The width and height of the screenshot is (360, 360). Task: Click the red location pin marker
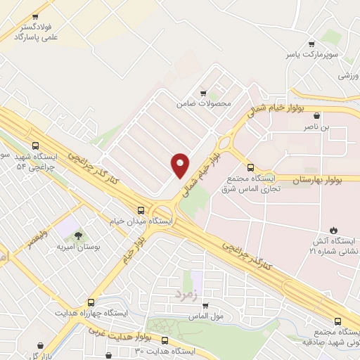(x=179, y=165)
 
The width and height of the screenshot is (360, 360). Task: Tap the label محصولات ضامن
(x=204, y=103)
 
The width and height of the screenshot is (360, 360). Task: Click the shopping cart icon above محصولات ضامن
(x=204, y=93)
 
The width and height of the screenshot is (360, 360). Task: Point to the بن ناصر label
(x=316, y=127)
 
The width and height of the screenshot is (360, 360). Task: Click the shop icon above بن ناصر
(x=317, y=116)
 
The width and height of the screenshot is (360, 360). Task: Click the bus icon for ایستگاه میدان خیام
(x=142, y=210)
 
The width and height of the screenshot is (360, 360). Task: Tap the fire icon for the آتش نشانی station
(x=334, y=230)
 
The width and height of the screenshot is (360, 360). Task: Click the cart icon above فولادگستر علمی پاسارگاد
(x=35, y=15)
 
